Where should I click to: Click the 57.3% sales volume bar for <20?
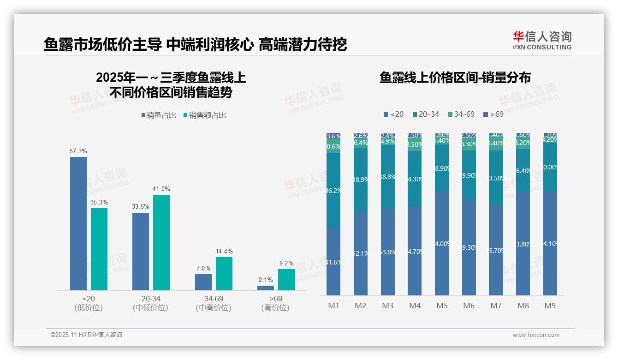click(78, 223)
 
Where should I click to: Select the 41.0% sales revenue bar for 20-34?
click(161, 242)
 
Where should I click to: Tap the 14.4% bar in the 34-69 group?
click(224, 273)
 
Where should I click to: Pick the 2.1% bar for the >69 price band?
click(266, 288)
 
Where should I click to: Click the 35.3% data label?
click(99, 202)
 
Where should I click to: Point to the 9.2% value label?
click(286, 263)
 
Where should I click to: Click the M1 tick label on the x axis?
click(333, 306)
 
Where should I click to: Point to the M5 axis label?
click(442, 306)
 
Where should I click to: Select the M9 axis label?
click(550, 306)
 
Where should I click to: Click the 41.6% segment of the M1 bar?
click(333, 262)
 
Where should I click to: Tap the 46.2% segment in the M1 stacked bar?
click(333, 190)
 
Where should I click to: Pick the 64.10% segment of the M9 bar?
click(550, 243)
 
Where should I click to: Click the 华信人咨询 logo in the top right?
click(542, 40)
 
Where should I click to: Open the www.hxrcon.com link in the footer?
click(536, 335)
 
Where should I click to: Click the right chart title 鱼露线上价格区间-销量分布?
click(455, 78)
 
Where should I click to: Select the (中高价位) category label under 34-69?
click(214, 308)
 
